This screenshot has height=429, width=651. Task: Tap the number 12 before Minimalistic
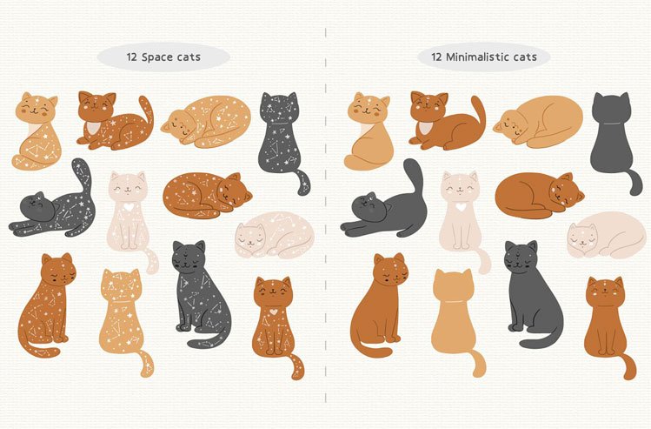[434, 58]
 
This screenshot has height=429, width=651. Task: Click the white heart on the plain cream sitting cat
[458, 209]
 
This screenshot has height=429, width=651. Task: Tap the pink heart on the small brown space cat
[273, 310]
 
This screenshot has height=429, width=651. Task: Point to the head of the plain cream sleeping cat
[583, 235]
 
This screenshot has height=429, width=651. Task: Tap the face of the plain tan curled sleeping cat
[509, 124]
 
